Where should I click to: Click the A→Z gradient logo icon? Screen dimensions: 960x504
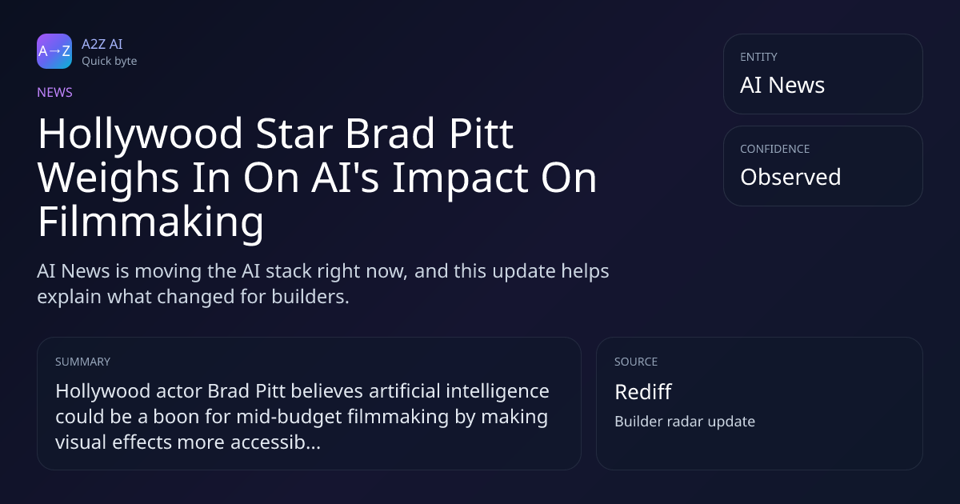point(54,51)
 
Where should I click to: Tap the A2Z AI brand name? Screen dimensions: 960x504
point(102,44)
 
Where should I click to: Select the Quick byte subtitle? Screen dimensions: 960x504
point(110,62)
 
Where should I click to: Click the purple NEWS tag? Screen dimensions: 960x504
point(55,93)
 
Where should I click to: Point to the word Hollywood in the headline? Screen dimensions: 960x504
point(141,134)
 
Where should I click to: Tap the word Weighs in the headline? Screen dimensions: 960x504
point(109,178)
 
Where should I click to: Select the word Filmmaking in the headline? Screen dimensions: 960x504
point(151,222)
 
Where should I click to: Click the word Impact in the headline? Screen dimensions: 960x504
point(460,178)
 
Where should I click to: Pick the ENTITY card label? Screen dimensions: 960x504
point(758,57)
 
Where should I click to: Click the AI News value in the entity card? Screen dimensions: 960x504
point(782,85)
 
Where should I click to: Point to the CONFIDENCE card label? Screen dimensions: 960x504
point(775,149)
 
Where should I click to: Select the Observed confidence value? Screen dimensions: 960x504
point(790,177)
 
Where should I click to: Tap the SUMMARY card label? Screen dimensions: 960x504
point(82,362)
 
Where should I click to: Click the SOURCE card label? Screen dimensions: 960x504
point(636,362)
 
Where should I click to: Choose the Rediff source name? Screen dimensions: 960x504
point(643,392)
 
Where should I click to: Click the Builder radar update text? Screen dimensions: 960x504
point(685,422)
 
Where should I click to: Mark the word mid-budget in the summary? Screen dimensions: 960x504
point(289,417)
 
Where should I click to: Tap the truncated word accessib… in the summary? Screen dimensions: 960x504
point(275,442)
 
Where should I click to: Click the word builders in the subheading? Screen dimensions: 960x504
point(310,297)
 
